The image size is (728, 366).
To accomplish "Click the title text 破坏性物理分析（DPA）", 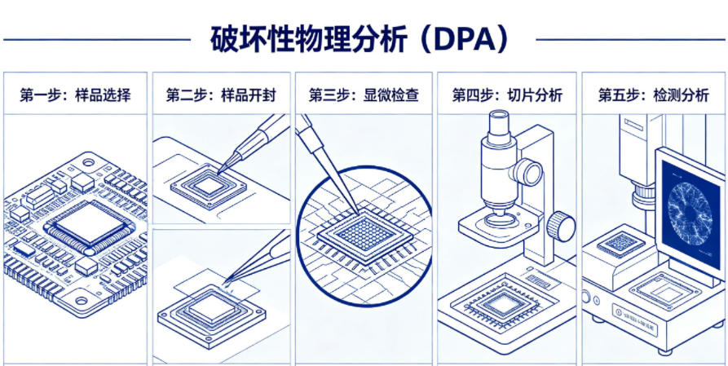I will [x=364, y=38].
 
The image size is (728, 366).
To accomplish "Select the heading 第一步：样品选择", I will [x=75, y=95].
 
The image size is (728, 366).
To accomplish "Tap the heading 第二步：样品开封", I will [x=221, y=95].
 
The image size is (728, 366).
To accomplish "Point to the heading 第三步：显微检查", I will [x=364, y=95].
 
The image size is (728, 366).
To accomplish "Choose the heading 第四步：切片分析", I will [x=507, y=95].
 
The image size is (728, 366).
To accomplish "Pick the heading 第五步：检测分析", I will [x=653, y=95].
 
